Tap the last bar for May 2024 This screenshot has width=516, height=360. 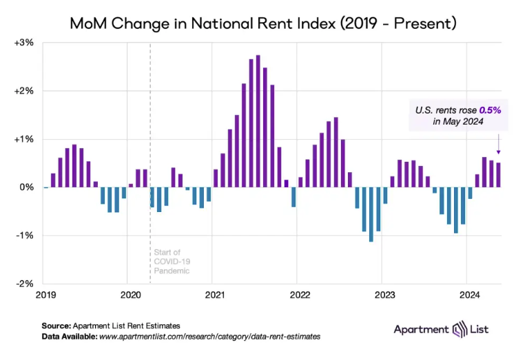click(499, 175)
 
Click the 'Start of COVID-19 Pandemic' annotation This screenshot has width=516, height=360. click(171, 262)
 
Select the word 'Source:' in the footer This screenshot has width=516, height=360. click(56, 326)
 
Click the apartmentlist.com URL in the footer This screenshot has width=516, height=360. click(210, 337)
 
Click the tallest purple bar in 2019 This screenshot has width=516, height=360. click(74, 166)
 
